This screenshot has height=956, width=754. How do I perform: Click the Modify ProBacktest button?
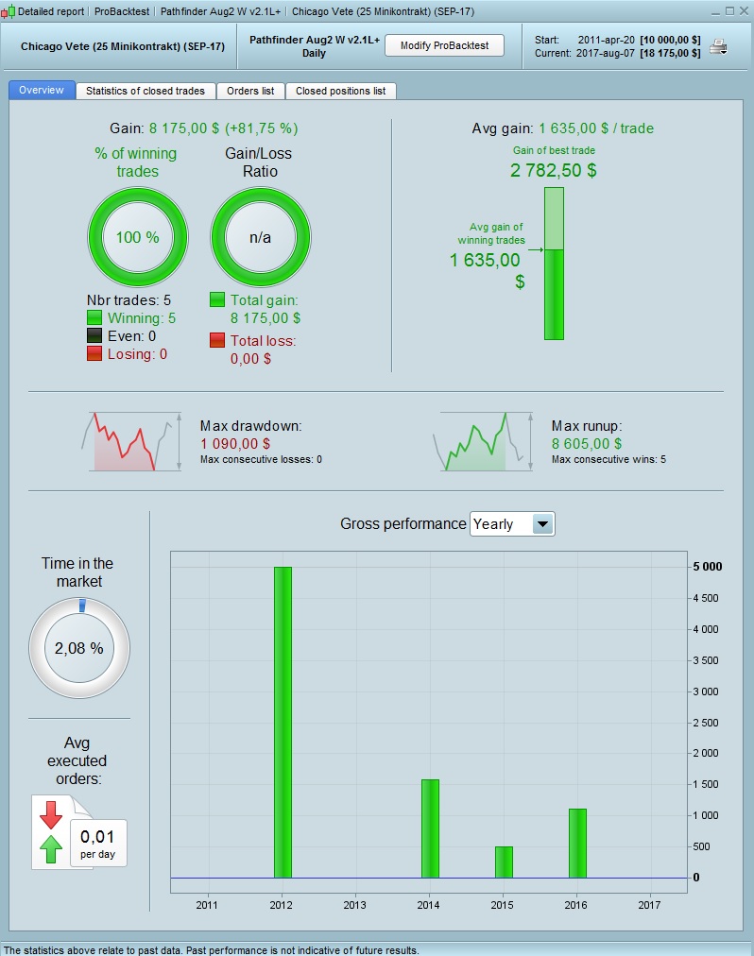coord(443,45)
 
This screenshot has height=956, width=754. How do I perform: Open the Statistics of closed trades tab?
coord(146,91)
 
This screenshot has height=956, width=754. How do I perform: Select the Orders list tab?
coord(250,91)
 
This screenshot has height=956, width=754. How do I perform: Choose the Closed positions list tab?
coord(340,91)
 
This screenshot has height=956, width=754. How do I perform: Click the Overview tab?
coord(42,91)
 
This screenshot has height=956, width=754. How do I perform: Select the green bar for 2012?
coord(283,722)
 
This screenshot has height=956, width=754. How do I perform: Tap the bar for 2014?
coord(430,828)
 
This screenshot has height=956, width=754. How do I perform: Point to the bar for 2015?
coord(504,862)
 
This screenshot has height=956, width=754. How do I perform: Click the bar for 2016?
coord(577,843)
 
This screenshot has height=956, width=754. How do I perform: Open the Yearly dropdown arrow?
coord(542,524)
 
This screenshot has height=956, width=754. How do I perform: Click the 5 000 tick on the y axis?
coord(708,567)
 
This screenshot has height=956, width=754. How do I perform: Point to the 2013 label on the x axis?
coord(354,905)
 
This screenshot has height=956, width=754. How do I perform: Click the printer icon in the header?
coord(719,46)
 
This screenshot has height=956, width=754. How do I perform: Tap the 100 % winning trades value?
coord(137,237)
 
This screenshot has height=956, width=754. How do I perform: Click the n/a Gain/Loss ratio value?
coord(260,237)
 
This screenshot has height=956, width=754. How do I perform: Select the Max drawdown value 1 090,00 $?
coord(235,443)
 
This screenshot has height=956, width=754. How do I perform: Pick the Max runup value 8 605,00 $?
coord(587,443)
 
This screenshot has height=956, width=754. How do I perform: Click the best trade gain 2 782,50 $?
coord(554,170)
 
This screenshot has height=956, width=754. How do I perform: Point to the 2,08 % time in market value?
coord(78,649)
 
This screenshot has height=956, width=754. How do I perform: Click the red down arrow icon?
coord(51,812)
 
